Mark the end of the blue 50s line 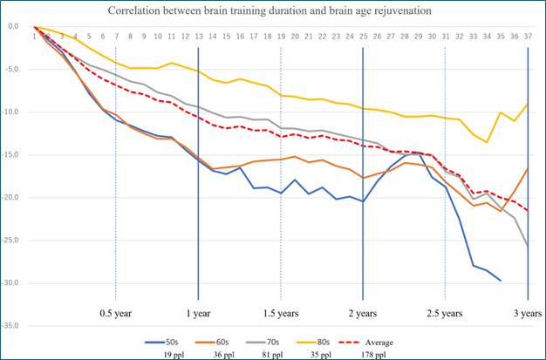coord(501,281)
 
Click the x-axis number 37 coord(528,36)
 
